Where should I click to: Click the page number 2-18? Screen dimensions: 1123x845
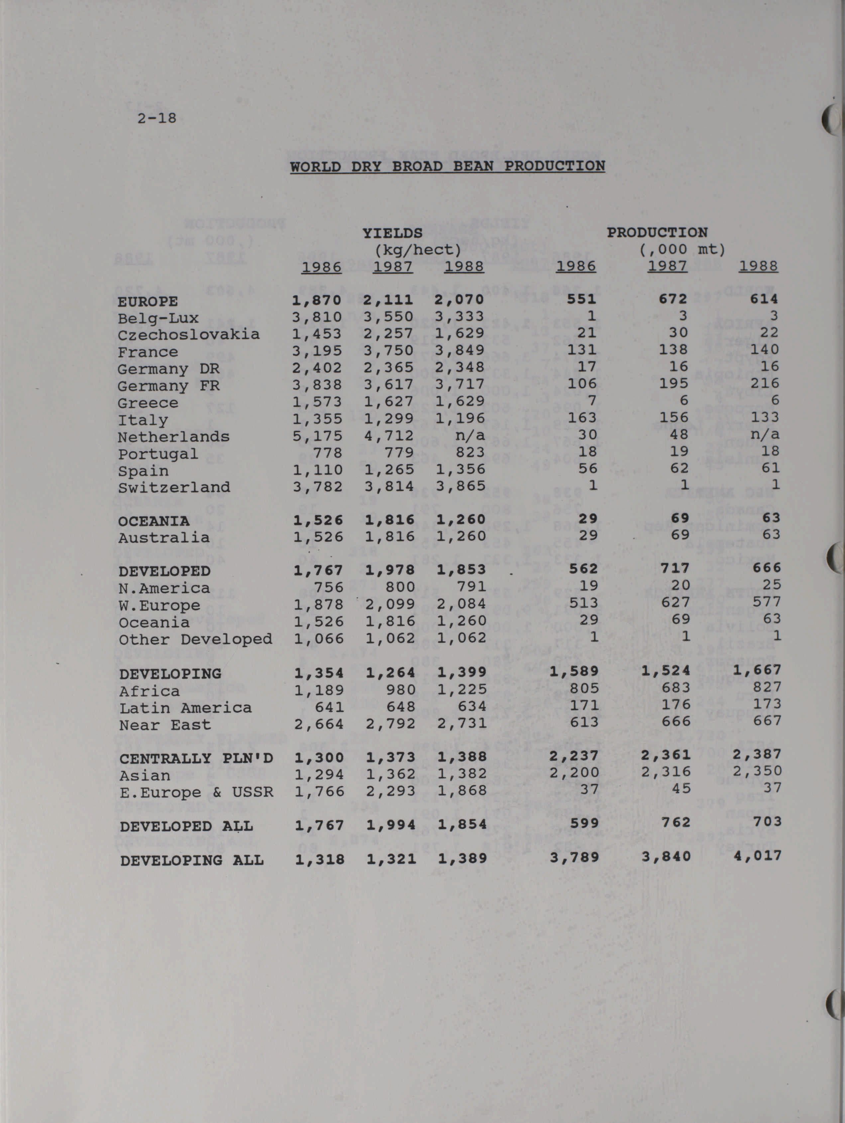click(157, 118)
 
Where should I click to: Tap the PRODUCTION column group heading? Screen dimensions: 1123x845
click(657, 233)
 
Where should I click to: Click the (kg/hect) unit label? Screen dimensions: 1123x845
click(418, 250)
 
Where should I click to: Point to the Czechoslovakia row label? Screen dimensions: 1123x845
click(188, 335)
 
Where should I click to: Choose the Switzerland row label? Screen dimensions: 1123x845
click(174, 487)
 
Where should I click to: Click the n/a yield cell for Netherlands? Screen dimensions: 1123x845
click(470, 436)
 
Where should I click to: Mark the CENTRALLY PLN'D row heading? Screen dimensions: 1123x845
click(196, 759)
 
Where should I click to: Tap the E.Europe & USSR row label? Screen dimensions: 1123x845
click(196, 792)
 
